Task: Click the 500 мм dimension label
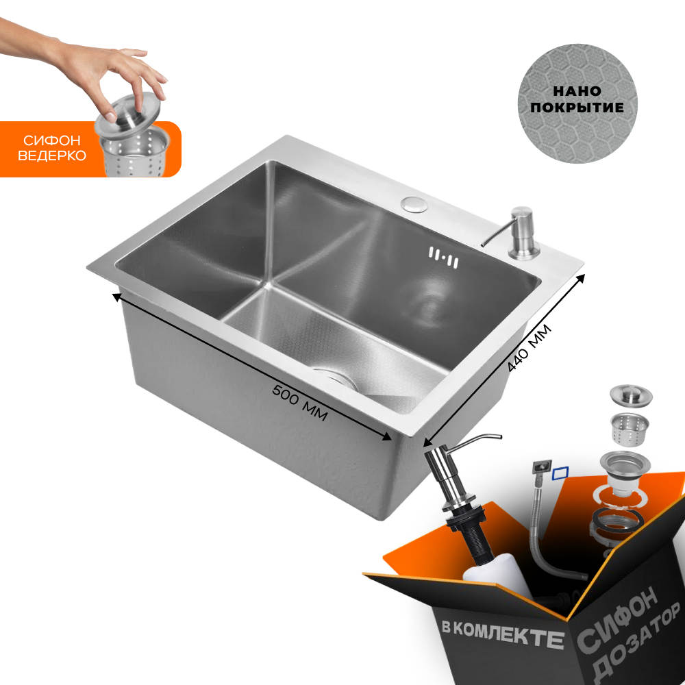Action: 300,403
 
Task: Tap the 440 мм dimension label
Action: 529,348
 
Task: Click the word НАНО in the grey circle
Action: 577,91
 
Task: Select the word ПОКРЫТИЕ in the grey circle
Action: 577,108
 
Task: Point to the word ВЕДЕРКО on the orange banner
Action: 52,155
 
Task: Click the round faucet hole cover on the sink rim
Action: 414,204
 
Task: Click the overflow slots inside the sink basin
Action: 443,258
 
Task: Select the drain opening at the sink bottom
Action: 334,378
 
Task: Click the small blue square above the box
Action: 560,473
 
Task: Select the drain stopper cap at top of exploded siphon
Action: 631,395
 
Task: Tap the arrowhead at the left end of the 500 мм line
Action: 116,297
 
